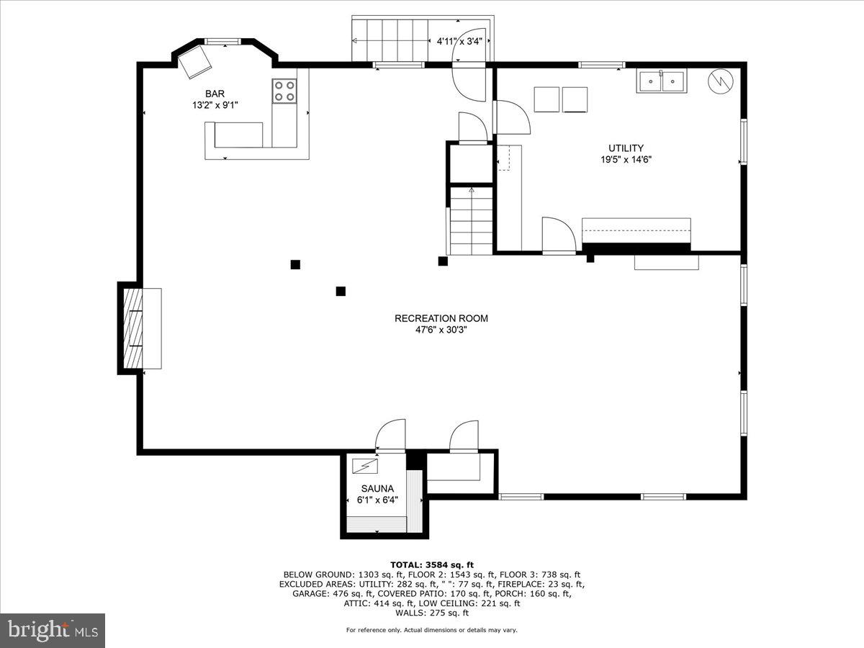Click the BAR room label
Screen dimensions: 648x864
pos(215,94)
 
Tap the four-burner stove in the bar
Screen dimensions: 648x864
pos(284,91)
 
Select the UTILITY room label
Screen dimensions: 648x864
pos(626,148)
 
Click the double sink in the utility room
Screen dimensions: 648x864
pos(661,81)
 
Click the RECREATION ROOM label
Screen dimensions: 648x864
pos(441,318)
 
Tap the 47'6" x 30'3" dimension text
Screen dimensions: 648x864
pos(441,330)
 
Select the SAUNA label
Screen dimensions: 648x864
pos(377,488)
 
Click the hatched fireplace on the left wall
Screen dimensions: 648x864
pos(131,328)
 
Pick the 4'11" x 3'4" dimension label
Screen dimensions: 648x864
pos(459,42)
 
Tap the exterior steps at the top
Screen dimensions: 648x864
pos(389,39)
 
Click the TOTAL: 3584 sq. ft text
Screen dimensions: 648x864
pos(432,564)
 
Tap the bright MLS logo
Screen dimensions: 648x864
pos(52,630)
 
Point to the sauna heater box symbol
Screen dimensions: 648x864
pos(365,467)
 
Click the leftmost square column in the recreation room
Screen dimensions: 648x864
pos(295,264)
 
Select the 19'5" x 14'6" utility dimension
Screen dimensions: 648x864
pos(626,160)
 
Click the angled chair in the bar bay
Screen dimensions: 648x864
pos(194,62)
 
